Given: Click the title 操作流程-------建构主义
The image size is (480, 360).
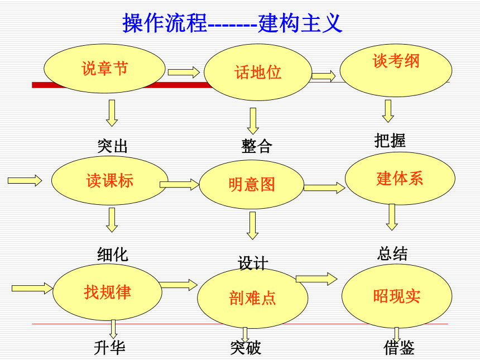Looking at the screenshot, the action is (x=232, y=23).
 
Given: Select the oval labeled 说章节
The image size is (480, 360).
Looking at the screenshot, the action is (x=105, y=69).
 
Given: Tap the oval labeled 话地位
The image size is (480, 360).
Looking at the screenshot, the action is (x=258, y=72).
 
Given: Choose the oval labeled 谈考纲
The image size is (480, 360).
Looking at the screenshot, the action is (x=396, y=70).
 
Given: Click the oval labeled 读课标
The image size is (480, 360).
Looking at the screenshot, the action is (x=109, y=181).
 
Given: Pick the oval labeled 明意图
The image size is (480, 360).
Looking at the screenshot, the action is (x=252, y=185).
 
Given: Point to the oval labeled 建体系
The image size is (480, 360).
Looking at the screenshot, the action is (x=400, y=179).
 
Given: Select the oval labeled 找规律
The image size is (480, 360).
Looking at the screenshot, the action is (x=108, y=292).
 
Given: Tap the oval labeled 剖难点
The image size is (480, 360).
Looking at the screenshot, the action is (x=252, y=298).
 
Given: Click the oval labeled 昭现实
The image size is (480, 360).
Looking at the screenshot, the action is (x=397, y=296).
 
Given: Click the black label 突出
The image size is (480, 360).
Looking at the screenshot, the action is (x=112, y=146).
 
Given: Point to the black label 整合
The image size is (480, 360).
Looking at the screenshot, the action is (x=257, y=146).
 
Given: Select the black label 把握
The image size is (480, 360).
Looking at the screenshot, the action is (x=390, y=141).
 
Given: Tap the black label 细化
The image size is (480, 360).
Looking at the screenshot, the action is (x=113, y=255).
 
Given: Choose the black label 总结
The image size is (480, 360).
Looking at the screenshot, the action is (x=392, y=253).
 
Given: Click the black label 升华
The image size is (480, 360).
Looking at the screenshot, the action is (x=109, y=348).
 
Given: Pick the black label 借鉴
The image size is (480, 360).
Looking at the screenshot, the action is (x=399, y=348).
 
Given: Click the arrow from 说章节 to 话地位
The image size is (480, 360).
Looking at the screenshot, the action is (x=184, y=72).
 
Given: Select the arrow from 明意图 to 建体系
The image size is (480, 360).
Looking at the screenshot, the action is (x=324, y=188).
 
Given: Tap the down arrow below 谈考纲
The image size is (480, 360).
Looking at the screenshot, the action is (x=388, y=111).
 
